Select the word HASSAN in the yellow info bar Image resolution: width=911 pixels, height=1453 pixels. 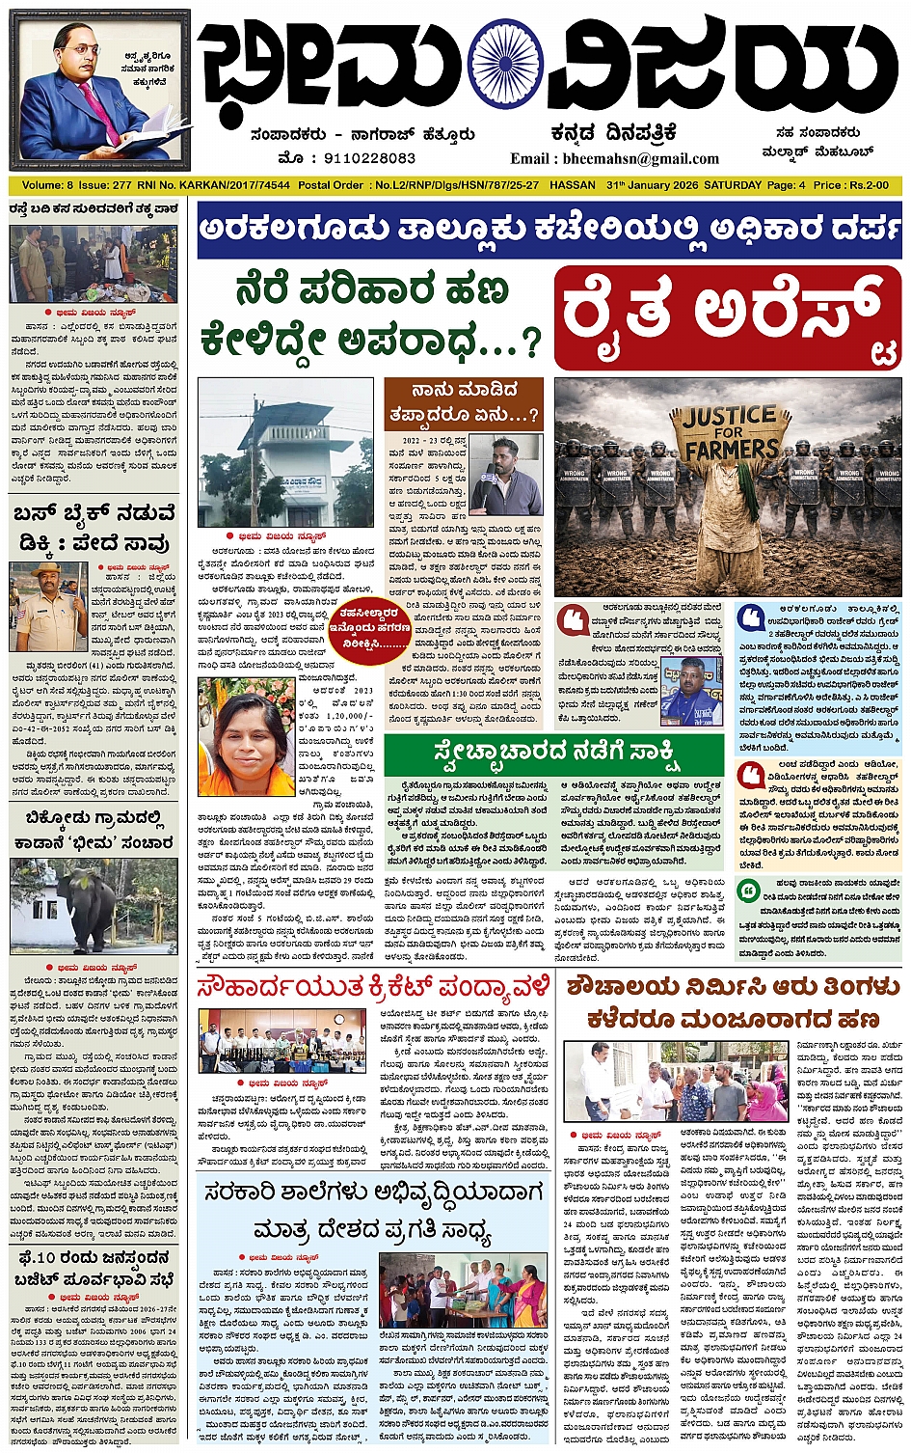click(572, 185)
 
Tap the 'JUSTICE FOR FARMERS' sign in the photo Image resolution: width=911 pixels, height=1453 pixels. click(731, 433)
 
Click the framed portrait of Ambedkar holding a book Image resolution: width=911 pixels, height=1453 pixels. click(101, 89)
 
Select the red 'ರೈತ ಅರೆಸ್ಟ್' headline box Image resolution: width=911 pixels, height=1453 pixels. click(728, 317)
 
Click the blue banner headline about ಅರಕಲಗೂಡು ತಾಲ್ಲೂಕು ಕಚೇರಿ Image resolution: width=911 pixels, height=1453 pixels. click(549, 231)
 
